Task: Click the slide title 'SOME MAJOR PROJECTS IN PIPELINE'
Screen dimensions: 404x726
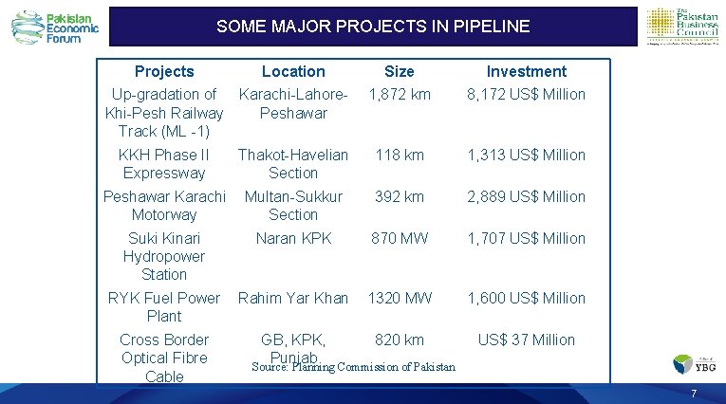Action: [372, 27]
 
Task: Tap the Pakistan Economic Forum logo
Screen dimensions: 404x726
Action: [55, 28]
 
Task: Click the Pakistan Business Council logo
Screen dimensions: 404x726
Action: [681, 27]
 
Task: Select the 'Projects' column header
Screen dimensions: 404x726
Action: [164, 71]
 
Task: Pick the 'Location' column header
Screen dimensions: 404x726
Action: [293, 71]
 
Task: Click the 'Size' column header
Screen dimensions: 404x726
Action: [400, 71]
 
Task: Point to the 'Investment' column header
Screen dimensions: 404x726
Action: [526, 71]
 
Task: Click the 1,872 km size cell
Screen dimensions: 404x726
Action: [400, 94]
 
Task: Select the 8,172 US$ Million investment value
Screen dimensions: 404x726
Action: [526, 94]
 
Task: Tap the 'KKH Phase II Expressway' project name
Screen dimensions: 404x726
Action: [164, 163]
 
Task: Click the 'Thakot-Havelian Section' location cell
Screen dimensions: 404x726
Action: [293, 163]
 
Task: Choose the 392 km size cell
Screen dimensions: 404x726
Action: [400, 196]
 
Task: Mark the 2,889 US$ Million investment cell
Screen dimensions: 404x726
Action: [526, 196]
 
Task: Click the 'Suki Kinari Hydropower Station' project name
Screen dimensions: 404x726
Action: [164, 256]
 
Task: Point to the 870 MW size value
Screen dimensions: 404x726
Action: [400, 238]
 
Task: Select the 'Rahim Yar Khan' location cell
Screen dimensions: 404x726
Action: [293, 298]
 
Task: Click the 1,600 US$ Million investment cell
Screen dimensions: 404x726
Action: [526, 298]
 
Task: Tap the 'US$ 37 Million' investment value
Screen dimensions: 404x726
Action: [526, 340]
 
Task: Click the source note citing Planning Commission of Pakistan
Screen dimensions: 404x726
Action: [354, 367]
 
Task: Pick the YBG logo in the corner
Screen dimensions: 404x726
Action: [695, 363]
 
